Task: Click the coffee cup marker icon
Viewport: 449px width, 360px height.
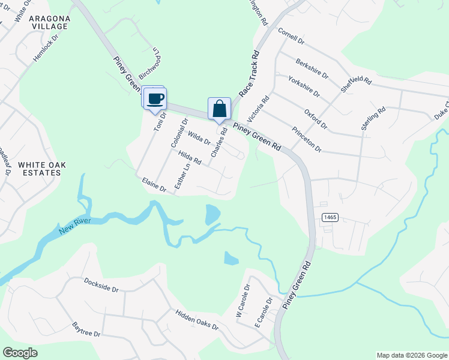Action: coord(155,98)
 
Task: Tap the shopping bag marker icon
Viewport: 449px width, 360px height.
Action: coord(220,109)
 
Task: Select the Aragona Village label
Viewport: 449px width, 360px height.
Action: coord(47,23)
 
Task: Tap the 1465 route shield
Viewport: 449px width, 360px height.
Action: coord(329,217)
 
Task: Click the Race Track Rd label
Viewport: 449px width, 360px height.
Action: coord(249,74)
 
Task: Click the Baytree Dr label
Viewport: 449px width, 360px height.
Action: coord(86,329)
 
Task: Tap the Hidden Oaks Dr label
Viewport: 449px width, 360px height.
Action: coord(197,319)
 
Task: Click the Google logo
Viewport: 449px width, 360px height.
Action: coord(20,353)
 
